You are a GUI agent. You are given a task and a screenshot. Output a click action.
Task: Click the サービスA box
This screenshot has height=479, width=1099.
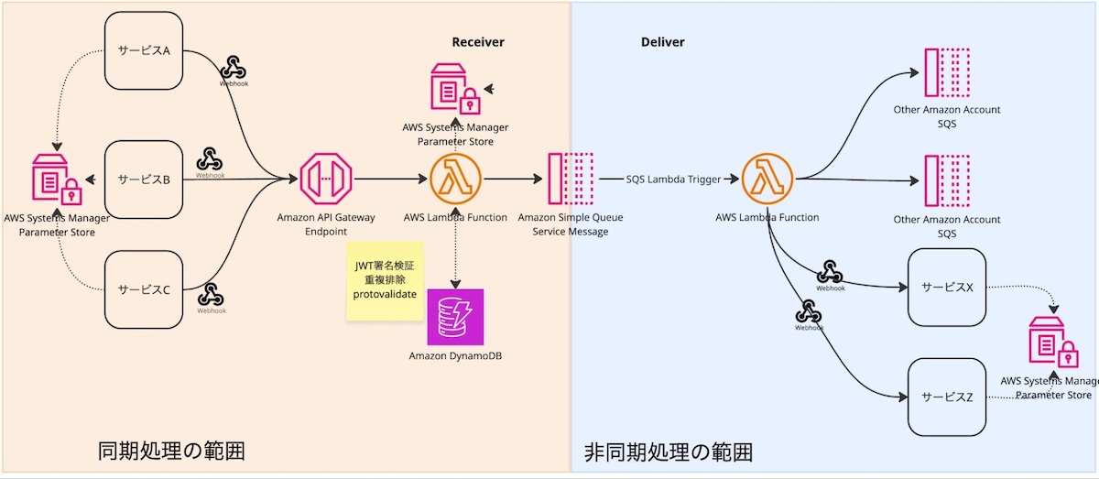(144, 50)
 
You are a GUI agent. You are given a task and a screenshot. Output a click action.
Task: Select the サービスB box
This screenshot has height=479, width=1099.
(144, 180)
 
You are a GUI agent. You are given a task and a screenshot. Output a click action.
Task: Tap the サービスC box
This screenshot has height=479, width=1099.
(144, 289)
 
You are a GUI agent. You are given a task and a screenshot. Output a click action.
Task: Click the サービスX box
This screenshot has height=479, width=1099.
(946, 288)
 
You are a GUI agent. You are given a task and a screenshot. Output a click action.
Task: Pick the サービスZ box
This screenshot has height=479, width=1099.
(946, 397)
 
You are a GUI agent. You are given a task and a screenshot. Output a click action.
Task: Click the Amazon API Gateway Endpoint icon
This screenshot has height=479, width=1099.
(326, 180)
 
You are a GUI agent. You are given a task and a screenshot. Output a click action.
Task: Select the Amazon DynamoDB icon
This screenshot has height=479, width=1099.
(455, 318)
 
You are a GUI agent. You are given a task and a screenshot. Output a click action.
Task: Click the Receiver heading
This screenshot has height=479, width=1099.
(478, 42)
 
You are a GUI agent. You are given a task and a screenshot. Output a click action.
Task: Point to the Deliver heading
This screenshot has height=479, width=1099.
(662, 42)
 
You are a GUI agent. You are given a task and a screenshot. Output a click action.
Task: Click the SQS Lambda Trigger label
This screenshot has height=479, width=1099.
(673, 180)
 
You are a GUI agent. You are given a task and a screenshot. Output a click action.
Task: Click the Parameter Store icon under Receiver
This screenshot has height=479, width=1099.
(455, 90)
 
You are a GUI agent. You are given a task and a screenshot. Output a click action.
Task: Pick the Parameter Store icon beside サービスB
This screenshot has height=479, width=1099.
(57, 180)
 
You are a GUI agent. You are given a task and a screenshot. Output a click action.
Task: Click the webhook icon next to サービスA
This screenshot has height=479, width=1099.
(234, 67)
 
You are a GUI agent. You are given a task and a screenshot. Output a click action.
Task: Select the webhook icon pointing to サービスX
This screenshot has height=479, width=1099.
(831, 272)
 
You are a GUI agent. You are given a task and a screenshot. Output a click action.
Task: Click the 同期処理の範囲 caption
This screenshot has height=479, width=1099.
(171, 451)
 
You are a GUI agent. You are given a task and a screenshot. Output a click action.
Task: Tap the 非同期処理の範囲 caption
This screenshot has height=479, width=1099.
(669, 452)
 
